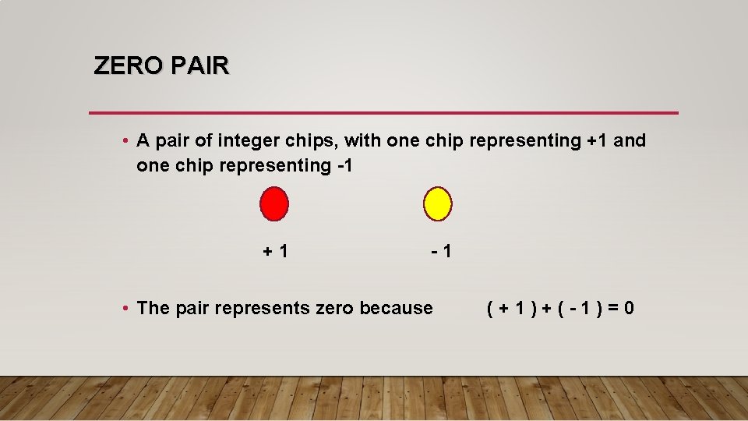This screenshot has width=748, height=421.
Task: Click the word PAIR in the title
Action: (x=199, y=66)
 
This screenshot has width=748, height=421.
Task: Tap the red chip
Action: (x=274, y=203)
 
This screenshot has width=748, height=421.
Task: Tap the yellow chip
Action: (x=437, y=203)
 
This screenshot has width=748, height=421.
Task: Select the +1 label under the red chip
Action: (x=276, y=251)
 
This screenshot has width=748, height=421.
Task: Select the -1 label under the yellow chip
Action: (x=439, y=251)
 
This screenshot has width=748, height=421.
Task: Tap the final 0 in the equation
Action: (x=628, y=308)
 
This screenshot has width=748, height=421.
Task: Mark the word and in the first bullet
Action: (x=630, y=141)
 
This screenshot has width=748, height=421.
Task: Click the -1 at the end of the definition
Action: (x=342, y=165)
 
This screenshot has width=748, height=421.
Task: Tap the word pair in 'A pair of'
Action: (x=171, y=141)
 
